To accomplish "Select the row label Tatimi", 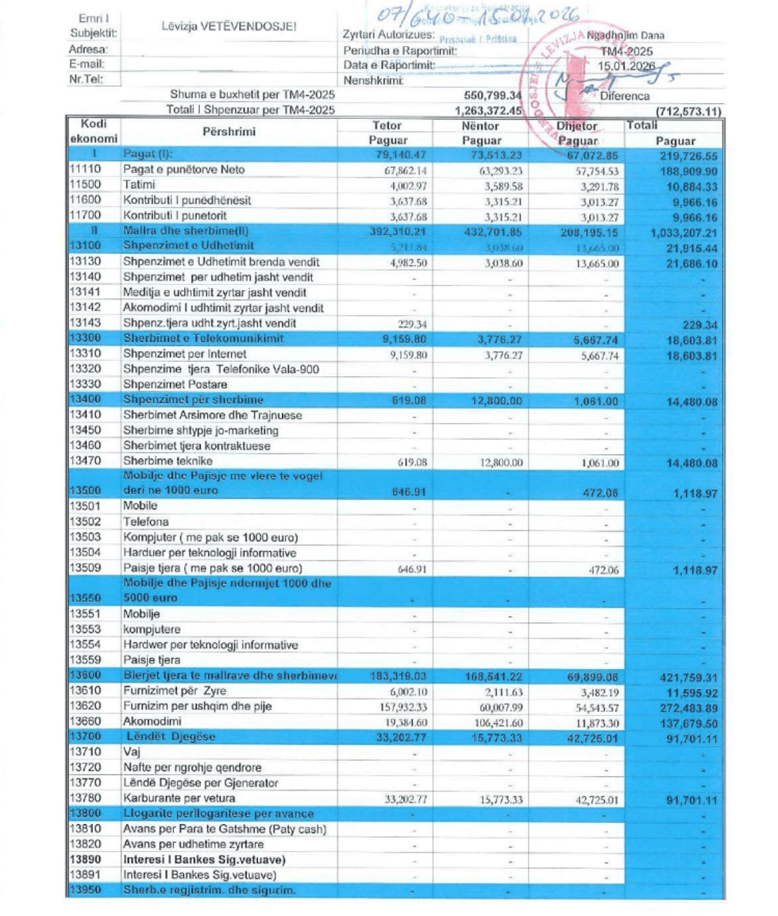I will click(x=139, y=185).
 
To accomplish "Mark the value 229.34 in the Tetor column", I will click(x=410, y=324).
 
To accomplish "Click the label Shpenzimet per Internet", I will click(x=184, y=354).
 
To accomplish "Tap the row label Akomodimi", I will click(x=152, y=722).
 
